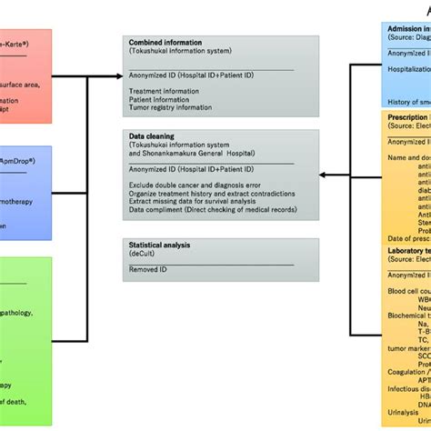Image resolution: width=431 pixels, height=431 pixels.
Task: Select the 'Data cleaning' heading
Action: (x=152, y=110)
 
